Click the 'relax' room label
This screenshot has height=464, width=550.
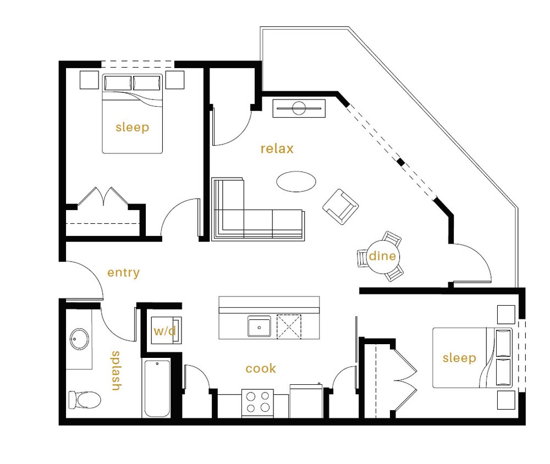coord(277,148)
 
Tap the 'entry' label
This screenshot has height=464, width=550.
coord(123,273)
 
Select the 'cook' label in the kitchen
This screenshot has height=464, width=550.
coord(261,368)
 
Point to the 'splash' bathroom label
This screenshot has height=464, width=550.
coord(116,371)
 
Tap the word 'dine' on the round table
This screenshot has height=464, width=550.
coord(382,256)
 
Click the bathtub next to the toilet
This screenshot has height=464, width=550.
coord(157,388)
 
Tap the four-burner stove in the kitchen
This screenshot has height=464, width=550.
coord(258,402)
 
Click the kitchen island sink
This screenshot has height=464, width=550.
coord(258,327)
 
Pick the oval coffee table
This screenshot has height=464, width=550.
coord(296,181)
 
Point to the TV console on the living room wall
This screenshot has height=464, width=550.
coord(299,108)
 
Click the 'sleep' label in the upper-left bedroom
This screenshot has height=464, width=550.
coord(132,128)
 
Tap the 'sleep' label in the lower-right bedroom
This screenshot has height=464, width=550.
coord(459,358)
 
